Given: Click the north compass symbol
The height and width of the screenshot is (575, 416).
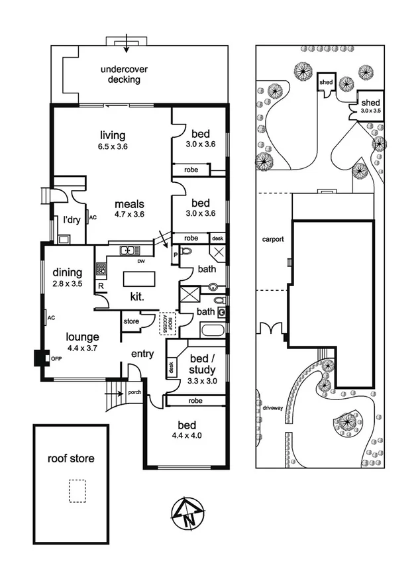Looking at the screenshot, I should [x=187, y=512].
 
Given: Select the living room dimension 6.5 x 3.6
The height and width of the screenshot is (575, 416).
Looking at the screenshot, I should [x=113, y=147].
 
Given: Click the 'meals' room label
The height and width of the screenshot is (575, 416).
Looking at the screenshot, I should [x=129, y=203].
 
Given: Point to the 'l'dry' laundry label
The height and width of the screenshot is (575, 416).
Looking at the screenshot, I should [x=72, y=221].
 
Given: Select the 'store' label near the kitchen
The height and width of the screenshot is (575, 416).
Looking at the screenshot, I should [x=130, y=321].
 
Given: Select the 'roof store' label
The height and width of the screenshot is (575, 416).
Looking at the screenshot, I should [x=70, y=458].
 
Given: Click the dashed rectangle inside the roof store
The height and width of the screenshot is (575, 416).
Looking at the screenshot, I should [x=77, y=492].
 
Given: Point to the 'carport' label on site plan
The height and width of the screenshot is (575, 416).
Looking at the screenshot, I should [x=272, y=239].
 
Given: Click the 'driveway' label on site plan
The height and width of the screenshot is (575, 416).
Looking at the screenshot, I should [x=272, y=408].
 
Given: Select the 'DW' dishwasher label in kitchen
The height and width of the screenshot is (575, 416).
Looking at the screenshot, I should [x=141, y=261].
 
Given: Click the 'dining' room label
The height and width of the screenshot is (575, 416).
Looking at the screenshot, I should [x=67, y=272].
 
